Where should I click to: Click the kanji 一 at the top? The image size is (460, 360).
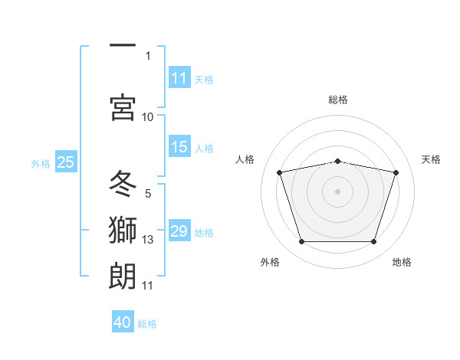click(123, 45)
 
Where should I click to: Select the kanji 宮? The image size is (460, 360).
click(123, 107)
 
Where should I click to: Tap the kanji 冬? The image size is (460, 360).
click(123, 183)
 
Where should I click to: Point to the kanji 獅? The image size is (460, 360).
click(123, 230)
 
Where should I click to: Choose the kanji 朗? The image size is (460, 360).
click(123, 276)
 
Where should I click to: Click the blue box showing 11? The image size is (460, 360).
click(179, 77)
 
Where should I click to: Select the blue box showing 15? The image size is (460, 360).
click(179, 146)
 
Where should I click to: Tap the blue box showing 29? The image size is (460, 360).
click(179, 230)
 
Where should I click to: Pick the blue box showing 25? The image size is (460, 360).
click(66, 162)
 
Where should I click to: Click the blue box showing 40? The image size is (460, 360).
click(123, 321)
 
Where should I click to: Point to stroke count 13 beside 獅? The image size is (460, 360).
click(147, 240)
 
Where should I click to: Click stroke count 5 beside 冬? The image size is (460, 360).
click(148, 194)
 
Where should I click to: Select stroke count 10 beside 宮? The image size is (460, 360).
click(147, 117)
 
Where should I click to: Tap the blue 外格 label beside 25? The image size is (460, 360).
click(41, 164)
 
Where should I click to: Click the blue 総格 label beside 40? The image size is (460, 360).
click(147, 324)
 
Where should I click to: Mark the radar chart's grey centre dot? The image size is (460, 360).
click(337, 191)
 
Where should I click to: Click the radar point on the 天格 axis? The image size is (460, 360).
click(396, 172)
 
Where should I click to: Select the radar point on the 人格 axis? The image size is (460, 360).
click(280, 172)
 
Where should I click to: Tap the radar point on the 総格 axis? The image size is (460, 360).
click(337, 162)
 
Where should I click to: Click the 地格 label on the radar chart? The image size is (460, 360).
click(402, 262)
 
